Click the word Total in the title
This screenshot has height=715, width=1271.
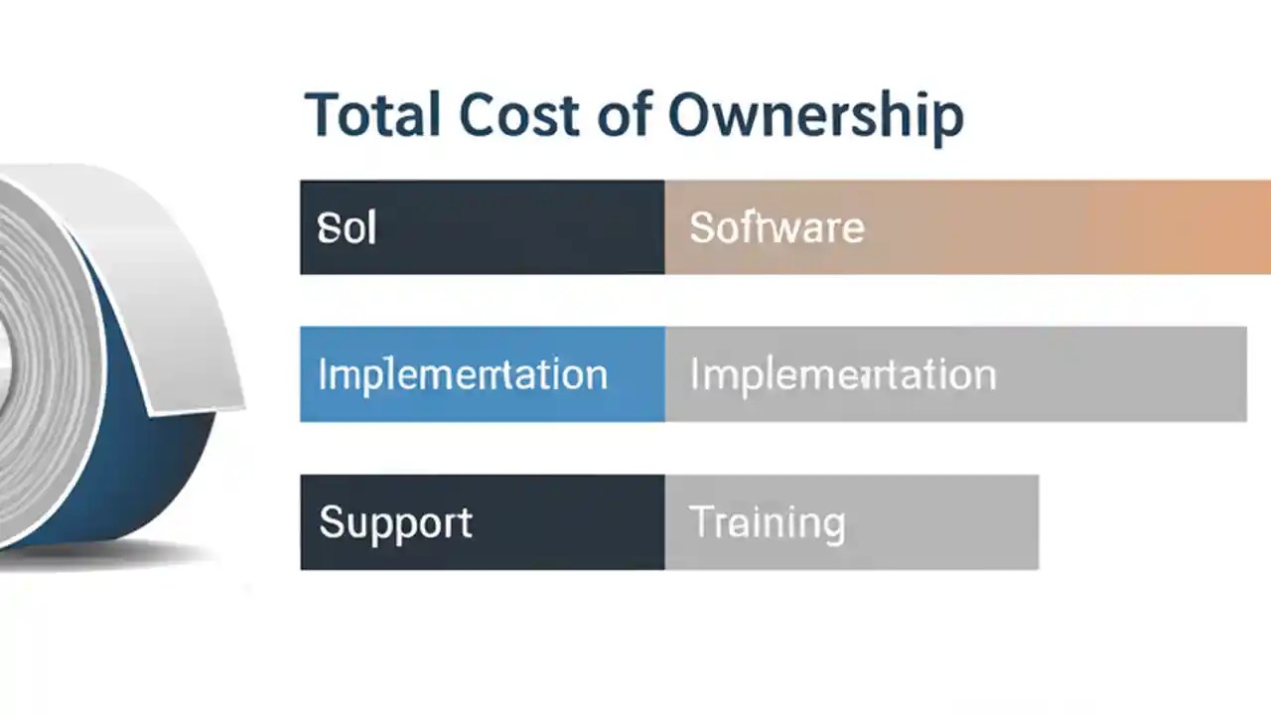point(372,115)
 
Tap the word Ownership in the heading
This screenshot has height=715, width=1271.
point(815,117)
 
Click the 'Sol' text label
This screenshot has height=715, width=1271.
point(347,228)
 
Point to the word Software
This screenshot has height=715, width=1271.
point(777,228)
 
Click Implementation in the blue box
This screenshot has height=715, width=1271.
point(463,375)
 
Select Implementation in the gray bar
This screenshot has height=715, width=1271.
point(842,375)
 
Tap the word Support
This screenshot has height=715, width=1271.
point(395,523)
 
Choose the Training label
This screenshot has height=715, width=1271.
point(767,523)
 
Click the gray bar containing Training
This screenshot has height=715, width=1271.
point(943,523)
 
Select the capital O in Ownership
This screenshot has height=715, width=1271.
point(692,115)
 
